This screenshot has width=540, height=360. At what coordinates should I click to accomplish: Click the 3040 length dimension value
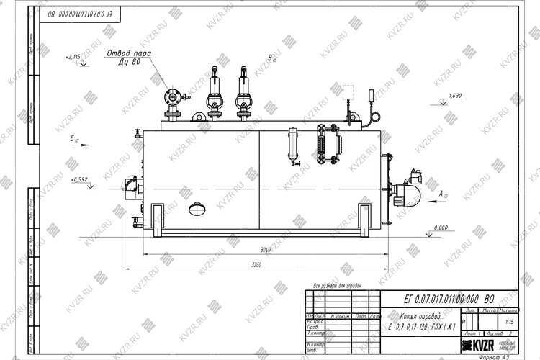coord(266,250)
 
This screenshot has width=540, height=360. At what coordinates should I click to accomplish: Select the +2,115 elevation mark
coord(73,56)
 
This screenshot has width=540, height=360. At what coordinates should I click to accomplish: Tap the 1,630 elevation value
coord(454,96)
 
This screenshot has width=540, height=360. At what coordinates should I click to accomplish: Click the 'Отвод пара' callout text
coord(130,53)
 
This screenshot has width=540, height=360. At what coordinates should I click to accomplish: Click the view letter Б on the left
coord(73,138)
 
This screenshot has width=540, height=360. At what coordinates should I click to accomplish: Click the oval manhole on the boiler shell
coord(197,210)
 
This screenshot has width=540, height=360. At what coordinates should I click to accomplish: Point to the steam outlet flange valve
coord(171,97)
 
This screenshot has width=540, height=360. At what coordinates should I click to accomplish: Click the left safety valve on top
coord(212,91)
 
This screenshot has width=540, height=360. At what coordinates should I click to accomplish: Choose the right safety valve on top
coord(242,91)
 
